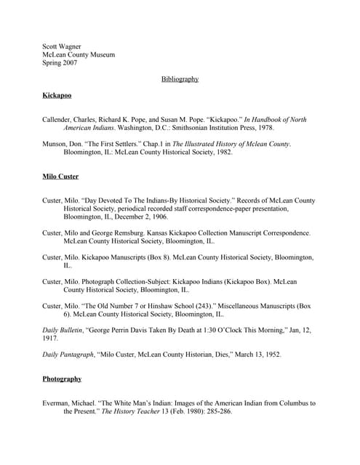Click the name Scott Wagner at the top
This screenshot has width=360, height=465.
[61, 46]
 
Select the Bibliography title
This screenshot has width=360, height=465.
[180, 78]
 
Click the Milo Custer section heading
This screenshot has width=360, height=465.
[60, 177]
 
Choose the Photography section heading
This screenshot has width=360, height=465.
[62, 379]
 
